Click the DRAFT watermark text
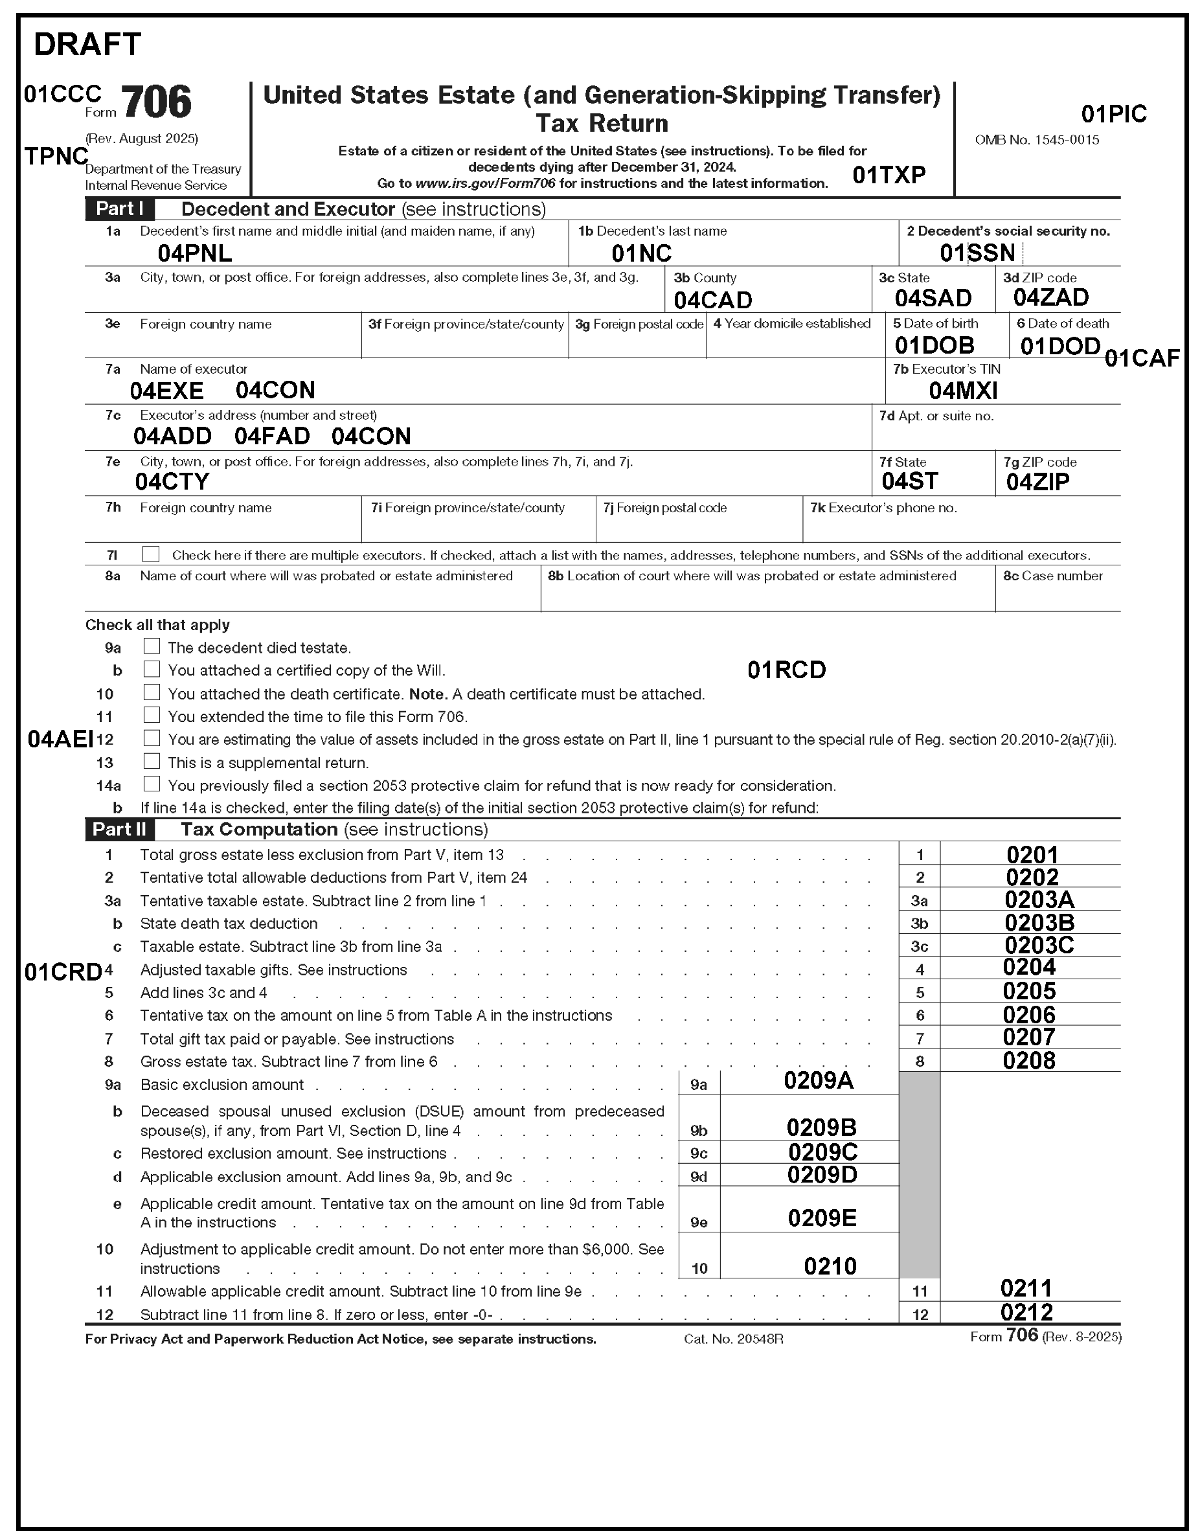[x=87, y=44]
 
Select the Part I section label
[x=119, y=209]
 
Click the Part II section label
[x=119, y=829]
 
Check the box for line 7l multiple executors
[x=151, y=554]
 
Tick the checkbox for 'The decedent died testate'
[x=152, y=646]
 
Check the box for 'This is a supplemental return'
[x=152, y=762]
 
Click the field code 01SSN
[x=977, y=253]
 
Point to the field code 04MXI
[x=962, y=391]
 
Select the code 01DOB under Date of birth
[x=934, y=346]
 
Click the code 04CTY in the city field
[x=172, y=482]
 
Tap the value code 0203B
[x=1039, y=922]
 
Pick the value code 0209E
[x=822, y=1218]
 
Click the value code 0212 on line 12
[x=1026, y=1312]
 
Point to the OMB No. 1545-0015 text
[x=1037, y=140]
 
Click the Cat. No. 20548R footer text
[x=733, y=1339]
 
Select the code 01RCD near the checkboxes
[x=787, y=670]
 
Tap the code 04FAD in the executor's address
[x=272, y=436]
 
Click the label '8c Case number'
[x=1052, y=576]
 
